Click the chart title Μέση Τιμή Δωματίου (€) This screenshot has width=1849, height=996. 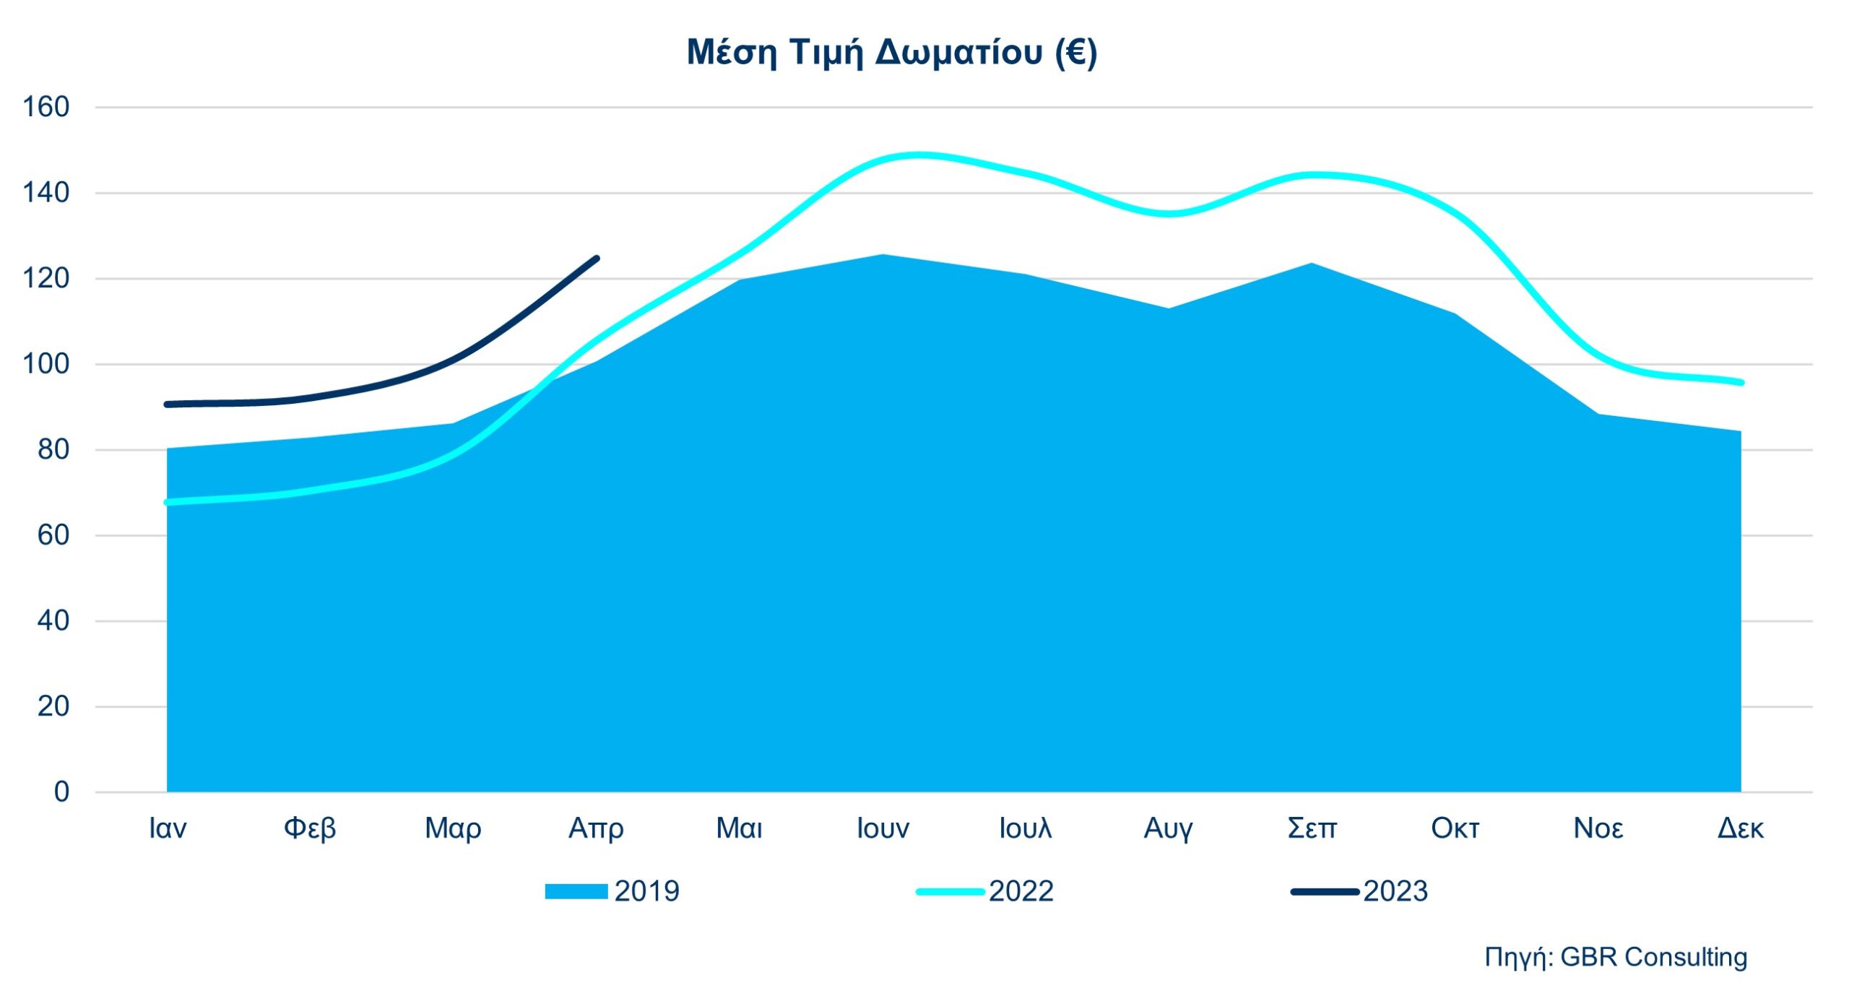891,52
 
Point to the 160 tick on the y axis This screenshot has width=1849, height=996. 46,107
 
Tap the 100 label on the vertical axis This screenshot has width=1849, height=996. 46,363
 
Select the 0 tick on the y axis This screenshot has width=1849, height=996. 62,792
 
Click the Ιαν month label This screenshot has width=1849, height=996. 168,828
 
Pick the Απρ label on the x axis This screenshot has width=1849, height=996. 596,828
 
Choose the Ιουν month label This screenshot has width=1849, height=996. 883,828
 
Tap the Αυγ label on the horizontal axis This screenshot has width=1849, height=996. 1168,828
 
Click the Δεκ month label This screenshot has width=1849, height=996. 1740,828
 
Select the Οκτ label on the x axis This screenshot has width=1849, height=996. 1455,828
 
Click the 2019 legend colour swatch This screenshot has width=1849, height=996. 576,891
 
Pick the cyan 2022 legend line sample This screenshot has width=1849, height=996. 950,891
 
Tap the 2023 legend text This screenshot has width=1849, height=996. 1395,891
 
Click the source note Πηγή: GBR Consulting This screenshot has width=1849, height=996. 1616,957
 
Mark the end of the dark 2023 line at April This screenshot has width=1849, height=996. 597,258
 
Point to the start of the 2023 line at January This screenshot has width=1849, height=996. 168,404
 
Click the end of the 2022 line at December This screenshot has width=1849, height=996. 1741,382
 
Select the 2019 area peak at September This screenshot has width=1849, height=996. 1311,264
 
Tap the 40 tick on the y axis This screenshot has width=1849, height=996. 53,620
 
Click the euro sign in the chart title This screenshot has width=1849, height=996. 1075,52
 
